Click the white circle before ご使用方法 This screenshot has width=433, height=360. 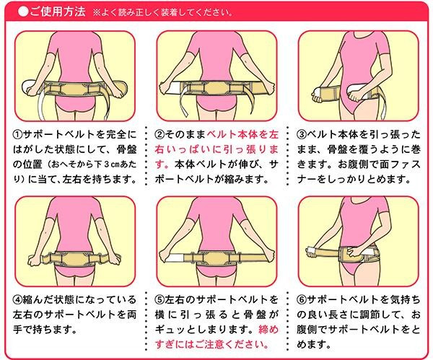(x=23, y=12)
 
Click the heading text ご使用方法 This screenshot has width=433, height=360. (x=58, y=12)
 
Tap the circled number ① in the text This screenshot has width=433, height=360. (x=17, y=135)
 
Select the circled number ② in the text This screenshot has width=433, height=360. (x=159, y=135)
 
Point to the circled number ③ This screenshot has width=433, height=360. (x=302, y=135)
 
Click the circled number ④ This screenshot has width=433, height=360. (x=17, y=300)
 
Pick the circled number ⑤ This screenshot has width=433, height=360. (x=159, y=300)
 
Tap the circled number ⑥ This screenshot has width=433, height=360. (x=302, y=300)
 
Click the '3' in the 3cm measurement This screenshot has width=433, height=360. (x=107, y=164)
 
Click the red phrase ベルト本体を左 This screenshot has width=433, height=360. (x=242, y=135)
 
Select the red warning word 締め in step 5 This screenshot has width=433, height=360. (x=268, y=330)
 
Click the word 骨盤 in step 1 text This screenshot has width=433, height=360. (x=126, y=150)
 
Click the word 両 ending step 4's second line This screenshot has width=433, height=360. (x=131, y=315)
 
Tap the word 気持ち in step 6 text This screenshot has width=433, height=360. (x=405, y=300)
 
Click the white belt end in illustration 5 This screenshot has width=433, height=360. (x=174, y=258)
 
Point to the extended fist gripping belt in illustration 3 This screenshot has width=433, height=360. (x=318, y=95)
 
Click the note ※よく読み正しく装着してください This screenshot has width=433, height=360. (x=163, y=13)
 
